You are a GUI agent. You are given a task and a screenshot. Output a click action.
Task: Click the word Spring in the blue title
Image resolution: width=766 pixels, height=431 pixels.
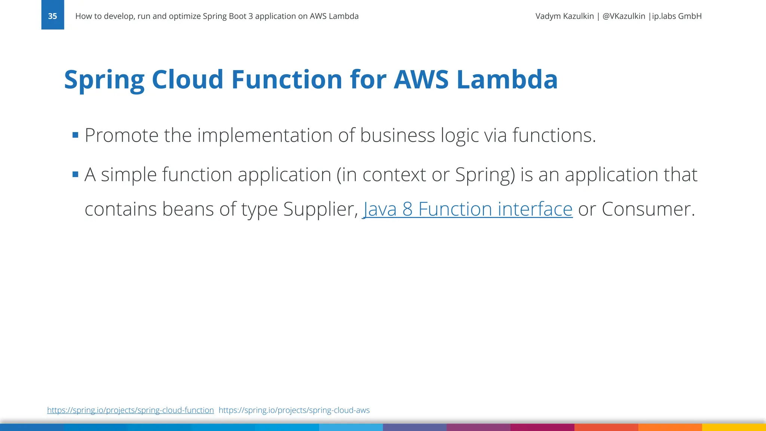coord(104,80)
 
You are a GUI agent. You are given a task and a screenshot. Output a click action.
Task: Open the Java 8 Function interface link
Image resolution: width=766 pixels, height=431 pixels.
coord(468,209)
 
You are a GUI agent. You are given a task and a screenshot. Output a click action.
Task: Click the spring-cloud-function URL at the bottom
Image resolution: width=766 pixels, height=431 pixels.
coord(130,410)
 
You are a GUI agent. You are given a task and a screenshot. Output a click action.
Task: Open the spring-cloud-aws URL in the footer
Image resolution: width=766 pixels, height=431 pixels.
coord(294,410)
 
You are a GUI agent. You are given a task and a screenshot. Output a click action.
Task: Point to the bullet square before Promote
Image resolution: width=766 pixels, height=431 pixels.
coord(75,135)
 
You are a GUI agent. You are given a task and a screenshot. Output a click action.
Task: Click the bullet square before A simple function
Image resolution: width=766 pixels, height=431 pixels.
coord(75,174)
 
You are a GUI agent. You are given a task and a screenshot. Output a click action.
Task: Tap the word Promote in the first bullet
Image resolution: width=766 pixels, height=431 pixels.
coord(122,135)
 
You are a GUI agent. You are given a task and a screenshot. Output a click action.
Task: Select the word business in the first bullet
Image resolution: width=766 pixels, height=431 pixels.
coord(397,135)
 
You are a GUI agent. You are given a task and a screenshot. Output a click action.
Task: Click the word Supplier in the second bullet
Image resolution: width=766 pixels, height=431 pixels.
coord(320,209)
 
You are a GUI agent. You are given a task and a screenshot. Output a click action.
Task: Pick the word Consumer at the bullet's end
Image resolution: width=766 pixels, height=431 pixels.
coord(648,209)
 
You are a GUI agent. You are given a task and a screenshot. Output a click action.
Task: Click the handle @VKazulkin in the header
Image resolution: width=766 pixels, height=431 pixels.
coord(623,16)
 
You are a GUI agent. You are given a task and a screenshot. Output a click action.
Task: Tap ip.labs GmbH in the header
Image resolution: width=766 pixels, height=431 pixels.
coord(677,16)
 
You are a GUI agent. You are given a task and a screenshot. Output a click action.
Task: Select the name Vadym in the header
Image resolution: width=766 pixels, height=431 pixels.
coord(548,16)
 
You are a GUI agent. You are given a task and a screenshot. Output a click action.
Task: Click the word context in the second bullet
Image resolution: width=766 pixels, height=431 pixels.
coord(394,174)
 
